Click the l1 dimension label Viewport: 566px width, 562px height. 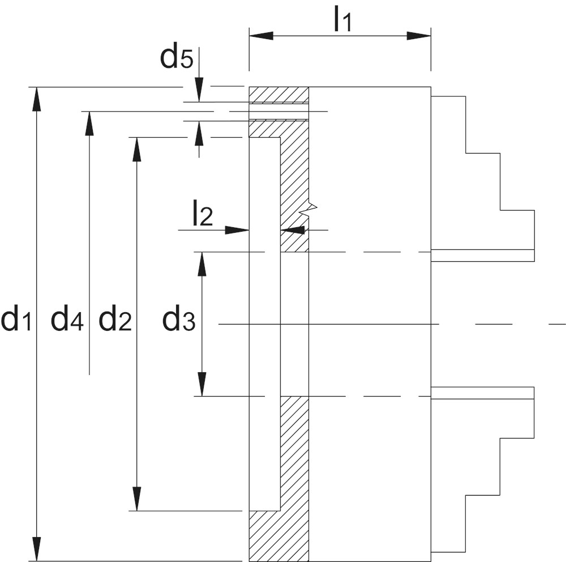[342, 19]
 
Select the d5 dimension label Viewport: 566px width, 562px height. [177, 56]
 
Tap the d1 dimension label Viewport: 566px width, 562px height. [17, 318]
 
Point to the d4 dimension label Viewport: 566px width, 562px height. [67, 318]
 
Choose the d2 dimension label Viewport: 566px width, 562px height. [115, 318]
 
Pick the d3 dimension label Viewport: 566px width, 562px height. [179, 318]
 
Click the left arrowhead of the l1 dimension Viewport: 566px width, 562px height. [261, 36]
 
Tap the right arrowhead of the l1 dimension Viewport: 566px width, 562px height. [419, 36]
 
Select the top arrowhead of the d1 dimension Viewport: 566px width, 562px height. [36, 99]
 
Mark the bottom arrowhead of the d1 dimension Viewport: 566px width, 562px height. [36, 549]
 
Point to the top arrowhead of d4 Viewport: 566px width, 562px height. [89, 123]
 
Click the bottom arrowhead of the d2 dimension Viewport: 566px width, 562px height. [136, 499]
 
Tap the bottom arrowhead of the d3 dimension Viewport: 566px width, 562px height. [202, 385]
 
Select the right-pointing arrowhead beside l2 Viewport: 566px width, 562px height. [237, 230]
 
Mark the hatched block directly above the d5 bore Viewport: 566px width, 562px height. [278, 95]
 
